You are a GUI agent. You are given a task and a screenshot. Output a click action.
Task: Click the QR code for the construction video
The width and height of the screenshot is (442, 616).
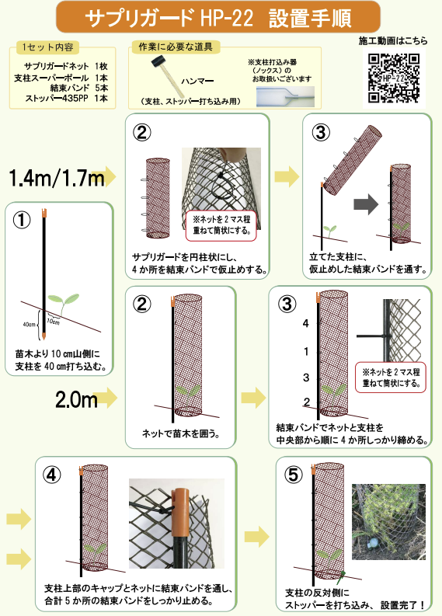pos(394,78)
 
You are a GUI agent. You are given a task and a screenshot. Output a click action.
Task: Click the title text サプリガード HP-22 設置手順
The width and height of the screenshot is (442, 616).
pos(218,18)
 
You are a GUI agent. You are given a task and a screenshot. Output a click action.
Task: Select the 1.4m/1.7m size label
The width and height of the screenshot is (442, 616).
pos(57,178)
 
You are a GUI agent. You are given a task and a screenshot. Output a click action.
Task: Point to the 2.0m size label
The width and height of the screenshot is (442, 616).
pos(76,399)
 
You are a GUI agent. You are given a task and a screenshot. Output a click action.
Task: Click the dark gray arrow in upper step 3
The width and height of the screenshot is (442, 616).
pos(366,204)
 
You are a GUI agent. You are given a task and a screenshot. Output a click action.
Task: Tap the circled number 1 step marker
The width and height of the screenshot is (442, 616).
pos(22,221)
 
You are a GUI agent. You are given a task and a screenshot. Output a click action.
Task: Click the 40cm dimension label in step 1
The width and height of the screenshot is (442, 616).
pos(30,325)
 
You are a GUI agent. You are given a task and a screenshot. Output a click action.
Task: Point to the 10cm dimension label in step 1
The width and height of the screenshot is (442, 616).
pos(53,322)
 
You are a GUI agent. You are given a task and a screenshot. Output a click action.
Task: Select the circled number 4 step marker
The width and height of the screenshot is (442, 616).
pos(52,475)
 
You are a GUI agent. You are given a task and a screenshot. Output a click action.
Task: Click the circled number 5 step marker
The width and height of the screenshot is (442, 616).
pos(293,475)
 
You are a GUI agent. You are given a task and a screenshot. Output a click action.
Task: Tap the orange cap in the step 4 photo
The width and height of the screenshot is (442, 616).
pos(182,512)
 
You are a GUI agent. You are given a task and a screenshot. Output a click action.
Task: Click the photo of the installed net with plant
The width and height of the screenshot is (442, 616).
pos(388,522)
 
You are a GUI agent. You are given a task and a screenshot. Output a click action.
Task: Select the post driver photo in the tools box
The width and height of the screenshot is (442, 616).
pos(285,96)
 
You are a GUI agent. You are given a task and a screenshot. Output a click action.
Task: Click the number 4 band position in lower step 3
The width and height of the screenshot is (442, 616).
pos(305,323)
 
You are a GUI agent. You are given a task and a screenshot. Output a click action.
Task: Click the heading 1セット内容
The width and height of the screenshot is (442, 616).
pos(47,47)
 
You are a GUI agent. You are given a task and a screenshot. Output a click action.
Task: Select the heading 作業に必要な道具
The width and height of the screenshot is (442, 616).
pos(176,47)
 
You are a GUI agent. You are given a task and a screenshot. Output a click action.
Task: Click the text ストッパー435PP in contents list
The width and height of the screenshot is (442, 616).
pos(57,98)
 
